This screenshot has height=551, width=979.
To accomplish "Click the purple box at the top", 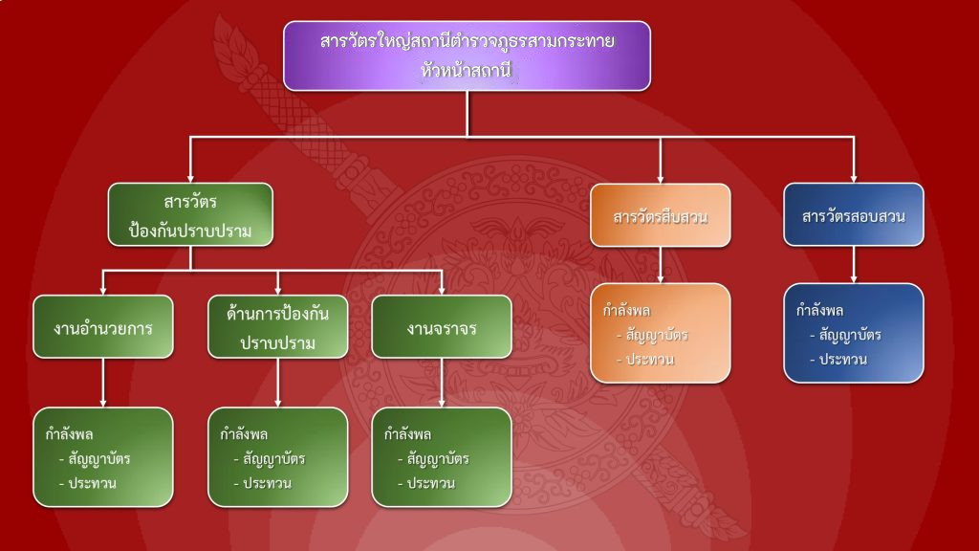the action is pos(467,56).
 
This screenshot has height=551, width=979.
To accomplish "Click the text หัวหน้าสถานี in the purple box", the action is pos(466,70).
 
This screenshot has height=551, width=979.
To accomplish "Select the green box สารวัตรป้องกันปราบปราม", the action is pos(190,214).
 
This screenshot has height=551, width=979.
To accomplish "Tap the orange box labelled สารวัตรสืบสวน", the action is pos(661,215).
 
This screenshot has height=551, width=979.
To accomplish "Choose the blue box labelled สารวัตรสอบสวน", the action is pos(854,214).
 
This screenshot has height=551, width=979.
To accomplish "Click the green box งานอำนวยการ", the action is pos(103,327).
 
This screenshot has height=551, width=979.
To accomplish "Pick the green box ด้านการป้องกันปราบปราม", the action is pos(278,327).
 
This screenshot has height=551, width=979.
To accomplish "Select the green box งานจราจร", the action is pos(442,327).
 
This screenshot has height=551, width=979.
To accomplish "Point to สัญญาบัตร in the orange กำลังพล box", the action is pos(656,335).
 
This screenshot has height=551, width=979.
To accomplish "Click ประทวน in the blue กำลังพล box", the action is pos(843,360).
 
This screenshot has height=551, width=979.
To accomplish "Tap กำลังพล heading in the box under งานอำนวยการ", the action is pos(69,434).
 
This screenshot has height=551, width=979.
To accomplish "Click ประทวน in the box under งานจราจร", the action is pos(431,483).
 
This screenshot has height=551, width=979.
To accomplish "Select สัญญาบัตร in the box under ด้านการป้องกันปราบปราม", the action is pos(274,458).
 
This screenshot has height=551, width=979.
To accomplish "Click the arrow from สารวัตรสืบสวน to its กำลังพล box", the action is pos(661,265).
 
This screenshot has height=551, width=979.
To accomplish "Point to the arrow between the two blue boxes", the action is pos(854,264).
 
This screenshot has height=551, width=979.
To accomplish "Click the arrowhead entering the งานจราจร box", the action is pos(442,291).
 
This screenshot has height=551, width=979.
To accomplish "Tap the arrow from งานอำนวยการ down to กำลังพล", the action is pos(103,383).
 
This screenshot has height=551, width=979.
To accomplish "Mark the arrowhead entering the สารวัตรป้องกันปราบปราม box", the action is pos(190,179).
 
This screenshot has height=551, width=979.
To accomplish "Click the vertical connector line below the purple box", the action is pos(467,114).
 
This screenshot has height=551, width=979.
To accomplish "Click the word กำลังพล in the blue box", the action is pos(819,311).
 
